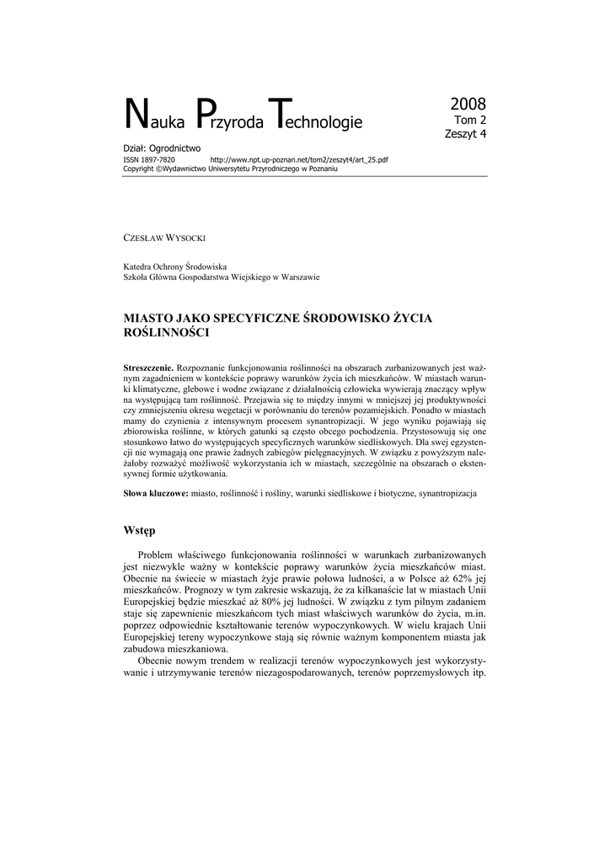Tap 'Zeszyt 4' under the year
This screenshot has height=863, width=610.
[466, 133]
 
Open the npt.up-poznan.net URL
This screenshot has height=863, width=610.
[299, 159]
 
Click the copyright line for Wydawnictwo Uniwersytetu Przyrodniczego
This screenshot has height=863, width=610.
[230, 169]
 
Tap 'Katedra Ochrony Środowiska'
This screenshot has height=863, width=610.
[181, 265]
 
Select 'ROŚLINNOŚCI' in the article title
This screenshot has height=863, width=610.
[167, 334]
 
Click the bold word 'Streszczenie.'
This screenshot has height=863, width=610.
[148, 367]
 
